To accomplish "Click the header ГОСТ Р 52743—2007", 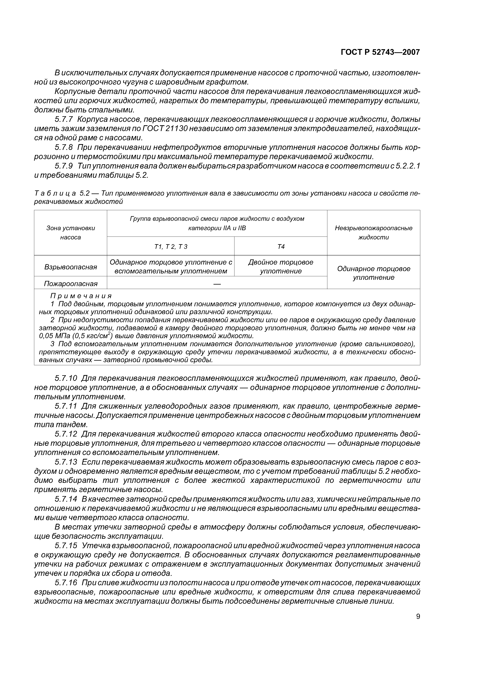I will coord(380,52).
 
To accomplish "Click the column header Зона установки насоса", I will coord(71,232).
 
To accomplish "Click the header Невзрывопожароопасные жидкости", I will coord(373,232).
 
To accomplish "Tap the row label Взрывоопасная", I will coord(71,267).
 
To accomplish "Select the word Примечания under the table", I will coord(81,296).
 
